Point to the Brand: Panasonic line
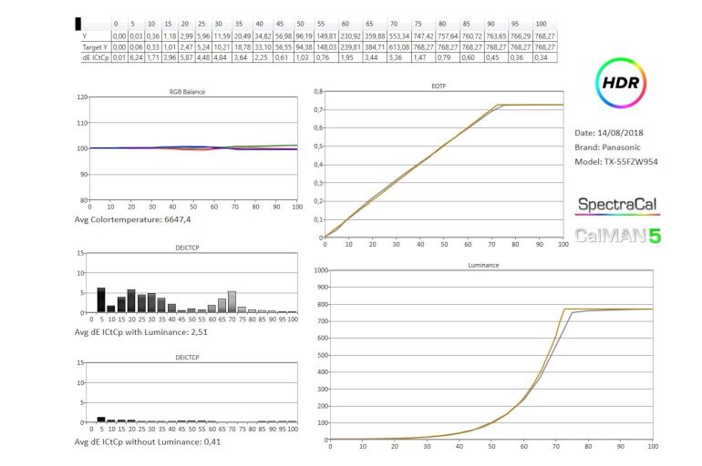(x=614, y=147)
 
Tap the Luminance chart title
(x=488, y=266)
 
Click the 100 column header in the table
(x=542, y=24)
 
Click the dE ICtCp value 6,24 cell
(x=135, y=57)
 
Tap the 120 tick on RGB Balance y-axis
(x=82, y=96)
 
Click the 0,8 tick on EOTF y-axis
(x=315, y=91)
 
